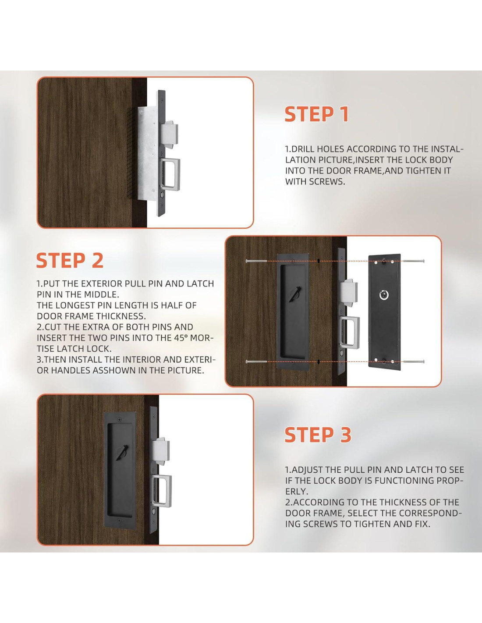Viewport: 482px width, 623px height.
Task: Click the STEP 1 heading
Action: click(x=316, y=114)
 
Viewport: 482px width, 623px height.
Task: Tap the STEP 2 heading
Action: click(x=70, y=260)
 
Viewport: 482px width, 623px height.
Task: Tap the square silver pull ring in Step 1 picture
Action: click(x=170, y=175)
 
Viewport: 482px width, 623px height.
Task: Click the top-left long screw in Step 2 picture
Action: click(x=256, y=261)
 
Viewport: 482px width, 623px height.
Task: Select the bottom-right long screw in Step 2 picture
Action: click(x=414, y=361)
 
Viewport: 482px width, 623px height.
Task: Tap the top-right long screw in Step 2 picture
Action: click(x=414, y=261)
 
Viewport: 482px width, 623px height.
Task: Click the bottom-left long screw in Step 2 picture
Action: click(x=256, y=362)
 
